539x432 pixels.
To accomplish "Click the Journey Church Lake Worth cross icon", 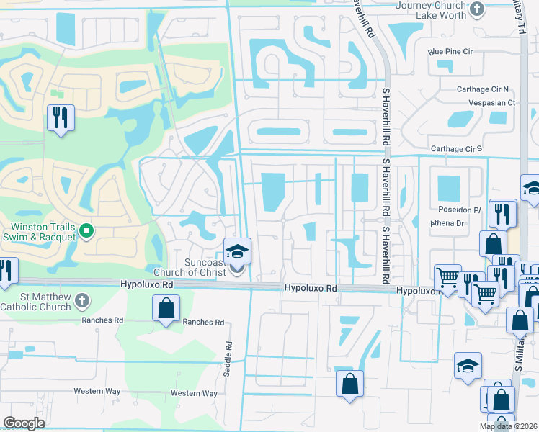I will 476,9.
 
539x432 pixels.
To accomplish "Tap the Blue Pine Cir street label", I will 450,52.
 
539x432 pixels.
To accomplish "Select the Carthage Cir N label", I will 484,89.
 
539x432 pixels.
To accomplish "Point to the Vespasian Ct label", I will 491,103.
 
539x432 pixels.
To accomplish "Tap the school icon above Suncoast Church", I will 236,251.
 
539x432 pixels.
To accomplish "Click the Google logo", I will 24,423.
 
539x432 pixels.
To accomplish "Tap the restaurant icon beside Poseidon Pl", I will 502,212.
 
